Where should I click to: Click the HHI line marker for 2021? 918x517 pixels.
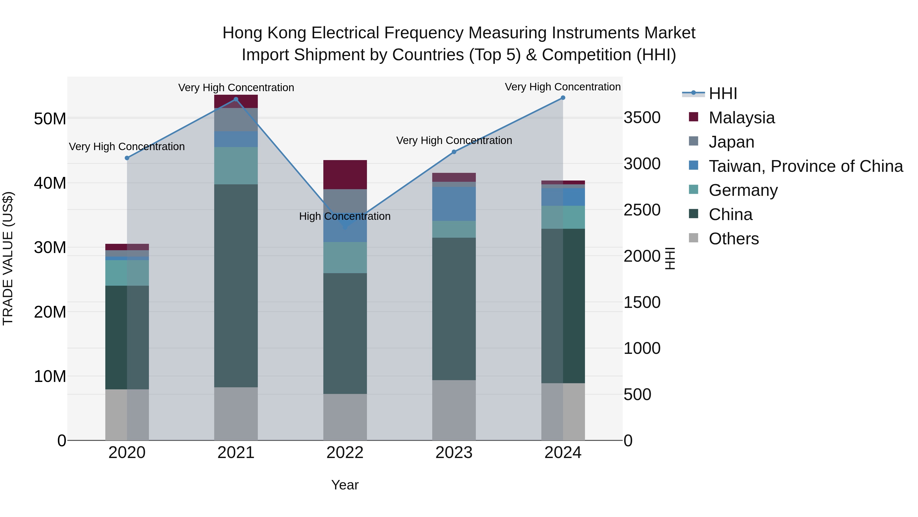pyautogui.click(x=236, y=99)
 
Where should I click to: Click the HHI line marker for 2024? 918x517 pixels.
pyautogui.click(x=563, y=98)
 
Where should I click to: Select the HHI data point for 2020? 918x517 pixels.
pyautogui.click(x=127, y=158)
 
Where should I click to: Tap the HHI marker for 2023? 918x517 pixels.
pyautogui.click(x=454, y=152)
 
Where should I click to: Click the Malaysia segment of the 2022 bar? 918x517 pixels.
pyautogui.click(x=345, y=174)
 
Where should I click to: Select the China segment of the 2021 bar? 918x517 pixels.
pyautogui.click(x=236, y=285)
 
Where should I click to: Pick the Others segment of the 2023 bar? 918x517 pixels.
pyautogui.click(x=454, y=410)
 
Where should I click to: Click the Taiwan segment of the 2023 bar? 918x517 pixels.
pyautogui.click(x=454, y=204)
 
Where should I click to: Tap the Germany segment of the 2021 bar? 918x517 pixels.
pyautogui.click(x=236, y=165)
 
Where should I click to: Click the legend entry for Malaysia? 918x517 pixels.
pyautogui.click(x=741, y=118)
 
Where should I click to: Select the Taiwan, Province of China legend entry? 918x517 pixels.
pyautogui.click(x=805, y=166)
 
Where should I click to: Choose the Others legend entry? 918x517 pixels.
pyautogui.click(x=733, y=239)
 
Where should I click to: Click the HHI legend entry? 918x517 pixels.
pyautogui.click(x=723, y=93)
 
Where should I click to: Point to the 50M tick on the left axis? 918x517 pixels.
pyautogui.click(x=50, y=118)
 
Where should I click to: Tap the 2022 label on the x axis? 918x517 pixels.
pyautogui.click(x=345, y=453)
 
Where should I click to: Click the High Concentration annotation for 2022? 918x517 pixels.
pyautogui.click(x=345, y=216)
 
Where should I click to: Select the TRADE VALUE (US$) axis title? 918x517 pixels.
pyautogui.click(x=8, y=258)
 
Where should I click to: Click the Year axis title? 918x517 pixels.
pyautogui.click(x=345, y=485)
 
